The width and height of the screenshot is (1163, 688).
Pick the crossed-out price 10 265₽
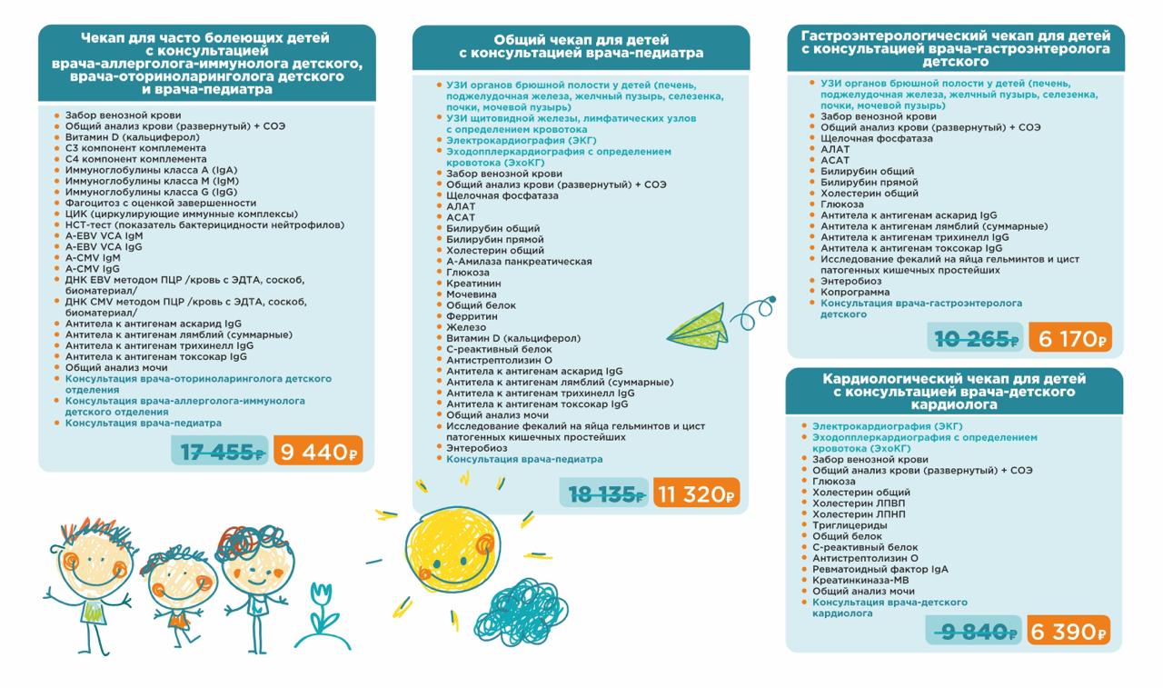point(977,340)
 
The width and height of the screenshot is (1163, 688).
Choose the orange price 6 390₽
point(1069,632)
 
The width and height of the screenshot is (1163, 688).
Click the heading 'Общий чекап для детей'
point(581,40)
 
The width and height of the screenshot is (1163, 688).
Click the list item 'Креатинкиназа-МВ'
point(861,580)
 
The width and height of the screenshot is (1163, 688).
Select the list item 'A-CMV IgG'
point(93,268)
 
